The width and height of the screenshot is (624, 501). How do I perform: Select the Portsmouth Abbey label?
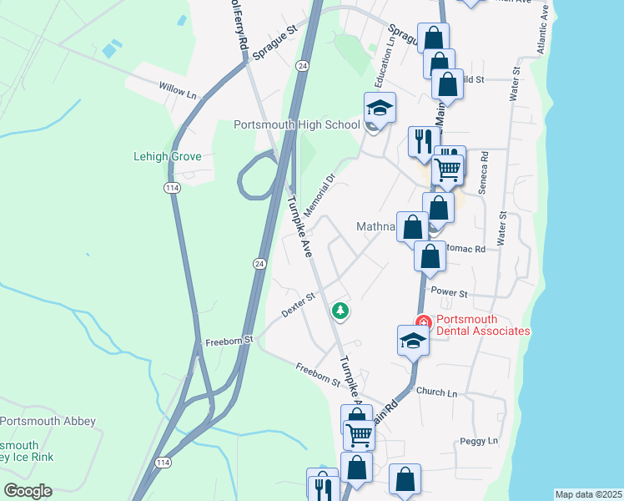click(48, 421)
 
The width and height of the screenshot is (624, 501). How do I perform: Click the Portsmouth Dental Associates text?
click(483, 325)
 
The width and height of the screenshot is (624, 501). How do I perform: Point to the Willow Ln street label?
click(179, 89)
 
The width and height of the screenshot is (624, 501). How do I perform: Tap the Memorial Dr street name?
click(320, 195)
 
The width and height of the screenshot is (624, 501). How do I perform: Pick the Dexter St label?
click(298, 304)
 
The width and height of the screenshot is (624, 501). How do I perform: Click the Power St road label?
click(449, 293)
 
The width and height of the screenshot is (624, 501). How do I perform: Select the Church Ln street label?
click(437, 392)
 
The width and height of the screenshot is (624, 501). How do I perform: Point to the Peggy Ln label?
click(479, 440)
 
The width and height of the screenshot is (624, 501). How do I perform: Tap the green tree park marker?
click(340, 311)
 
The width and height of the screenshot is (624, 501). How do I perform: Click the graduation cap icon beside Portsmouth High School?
click(380, 108)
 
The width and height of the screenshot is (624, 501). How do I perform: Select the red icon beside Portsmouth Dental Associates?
click(424, 321)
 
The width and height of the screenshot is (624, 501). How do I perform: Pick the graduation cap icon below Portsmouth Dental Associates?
click(413, 340)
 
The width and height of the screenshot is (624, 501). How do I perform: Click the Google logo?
click(28, 491)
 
